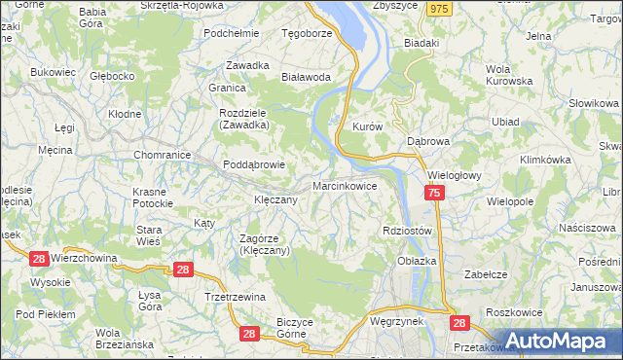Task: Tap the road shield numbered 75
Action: point(434,195)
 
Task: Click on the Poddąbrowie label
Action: point(254,164)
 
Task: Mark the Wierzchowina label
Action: point(83,258)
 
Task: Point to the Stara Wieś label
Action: point(148,234)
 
